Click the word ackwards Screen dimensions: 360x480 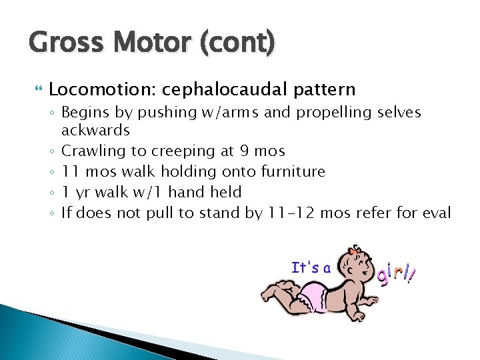point(95,130)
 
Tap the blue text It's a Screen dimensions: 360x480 point(311,268)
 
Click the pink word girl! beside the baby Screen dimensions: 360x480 point(396,273)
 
